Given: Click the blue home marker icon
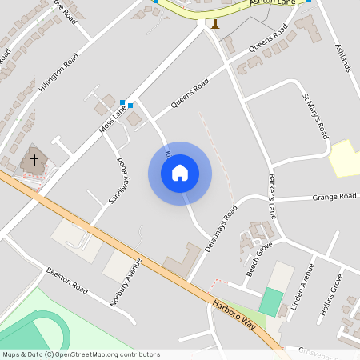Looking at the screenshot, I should [x=180, y=173].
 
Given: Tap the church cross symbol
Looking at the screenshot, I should [x=34, y=159].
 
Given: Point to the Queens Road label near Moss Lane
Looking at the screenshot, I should [x=190, y=95].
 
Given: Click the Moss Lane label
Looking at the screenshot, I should [x=113, y=117].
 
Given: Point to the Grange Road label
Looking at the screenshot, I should [x=334, y=195].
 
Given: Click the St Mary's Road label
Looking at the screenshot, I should [x=315, y=117].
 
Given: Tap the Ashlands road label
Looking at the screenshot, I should [x=342, y=56].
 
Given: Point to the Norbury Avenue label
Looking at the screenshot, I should [x=125, y=281].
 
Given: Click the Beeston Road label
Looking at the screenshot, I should [x=66, y=280].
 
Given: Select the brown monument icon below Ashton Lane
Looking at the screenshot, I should [x=214, y=22].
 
